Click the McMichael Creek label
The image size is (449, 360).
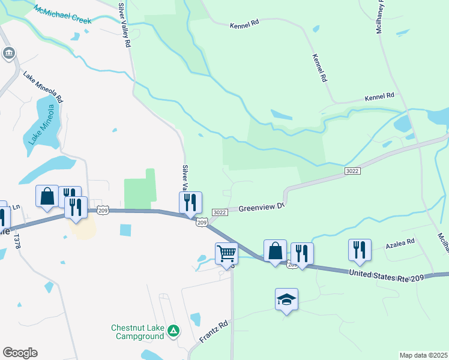[62, 16]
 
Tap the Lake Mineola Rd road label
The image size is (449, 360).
[43, 86]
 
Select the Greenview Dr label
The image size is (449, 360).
[261, 208]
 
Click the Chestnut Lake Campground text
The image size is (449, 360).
[137, 332]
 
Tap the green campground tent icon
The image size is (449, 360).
[173, 330]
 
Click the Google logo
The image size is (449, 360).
[20, 353]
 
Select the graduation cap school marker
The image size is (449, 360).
[287, 299]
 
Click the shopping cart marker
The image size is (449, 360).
[226, 253]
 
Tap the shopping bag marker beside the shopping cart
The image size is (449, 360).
[275, 251]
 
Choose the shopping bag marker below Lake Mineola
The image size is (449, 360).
[47, 196]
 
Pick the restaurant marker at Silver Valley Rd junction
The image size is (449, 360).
[190, 203]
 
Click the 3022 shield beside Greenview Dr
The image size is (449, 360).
[219, 212]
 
